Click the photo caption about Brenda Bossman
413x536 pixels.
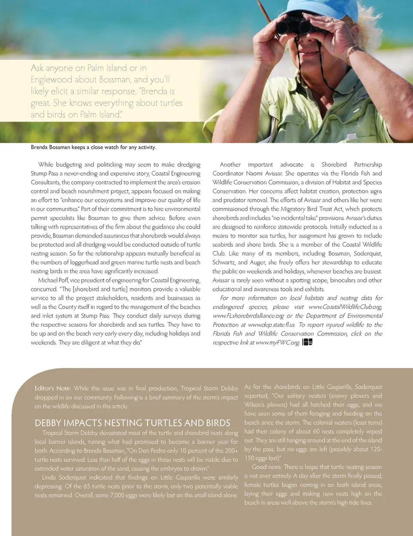(x=93, y=147)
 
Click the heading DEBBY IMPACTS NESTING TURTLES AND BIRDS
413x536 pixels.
(x=133, y=423)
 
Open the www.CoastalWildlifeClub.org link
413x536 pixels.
(x=345, y=307)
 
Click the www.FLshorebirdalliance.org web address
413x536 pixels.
(x=248, y=316)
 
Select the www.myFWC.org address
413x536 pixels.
(x=277, y=343)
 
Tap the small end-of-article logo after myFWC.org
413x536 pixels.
(x=307, y=342)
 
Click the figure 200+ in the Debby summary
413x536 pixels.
(x=231, y=450)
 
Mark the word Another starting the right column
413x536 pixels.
(x=230, y=165)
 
